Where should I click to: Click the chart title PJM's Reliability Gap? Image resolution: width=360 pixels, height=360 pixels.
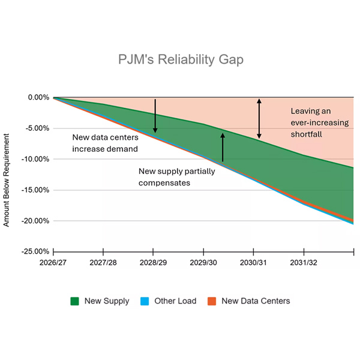point(180,60)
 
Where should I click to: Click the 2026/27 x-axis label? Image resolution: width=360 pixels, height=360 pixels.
point(53,262)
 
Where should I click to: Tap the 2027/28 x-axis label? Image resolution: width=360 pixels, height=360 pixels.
point(104,262)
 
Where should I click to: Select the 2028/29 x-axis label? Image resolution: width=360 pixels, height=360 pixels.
point(154,262)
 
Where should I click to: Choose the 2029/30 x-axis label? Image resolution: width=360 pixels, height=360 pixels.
point(204,262)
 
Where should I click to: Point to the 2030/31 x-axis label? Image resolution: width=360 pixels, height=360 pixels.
point(254,262)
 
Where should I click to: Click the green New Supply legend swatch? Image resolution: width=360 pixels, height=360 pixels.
point(76,301)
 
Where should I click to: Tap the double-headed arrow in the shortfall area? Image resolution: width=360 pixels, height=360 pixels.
point(259,118)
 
